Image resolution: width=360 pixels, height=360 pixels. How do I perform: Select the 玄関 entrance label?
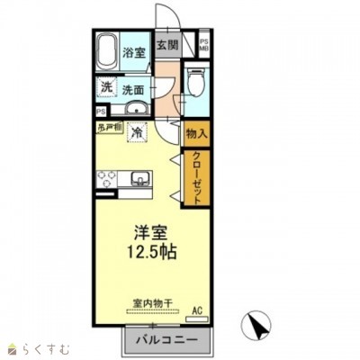[166, 45]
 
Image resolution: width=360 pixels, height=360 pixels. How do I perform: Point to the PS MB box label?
[203, 44]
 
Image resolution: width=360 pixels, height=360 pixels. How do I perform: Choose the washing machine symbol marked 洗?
[106, 88]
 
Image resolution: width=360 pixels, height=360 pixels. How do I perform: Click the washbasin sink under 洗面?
[135, 109]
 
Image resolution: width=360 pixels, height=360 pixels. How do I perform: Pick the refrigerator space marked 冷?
[138, 133]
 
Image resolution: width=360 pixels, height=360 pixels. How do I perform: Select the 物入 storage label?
[196, 133]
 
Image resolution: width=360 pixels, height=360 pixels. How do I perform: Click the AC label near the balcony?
[199, 311]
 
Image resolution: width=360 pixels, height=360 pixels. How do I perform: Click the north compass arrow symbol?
[256, 326]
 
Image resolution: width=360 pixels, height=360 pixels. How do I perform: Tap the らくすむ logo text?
[41, 346]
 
